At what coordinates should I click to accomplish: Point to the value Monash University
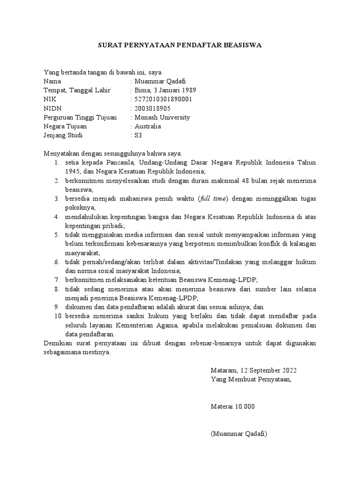point(162,117)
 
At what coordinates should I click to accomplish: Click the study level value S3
point(138,135)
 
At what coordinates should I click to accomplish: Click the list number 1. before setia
point(56,162)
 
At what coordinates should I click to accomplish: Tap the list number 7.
point(56,279)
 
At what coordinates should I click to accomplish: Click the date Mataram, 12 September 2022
point(254,370)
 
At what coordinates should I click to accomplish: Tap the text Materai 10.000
point(232,406)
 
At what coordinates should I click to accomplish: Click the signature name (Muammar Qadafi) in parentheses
point(239,434)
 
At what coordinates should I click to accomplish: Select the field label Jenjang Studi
point(63,135)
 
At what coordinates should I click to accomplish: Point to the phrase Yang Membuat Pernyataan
point(251,379)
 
